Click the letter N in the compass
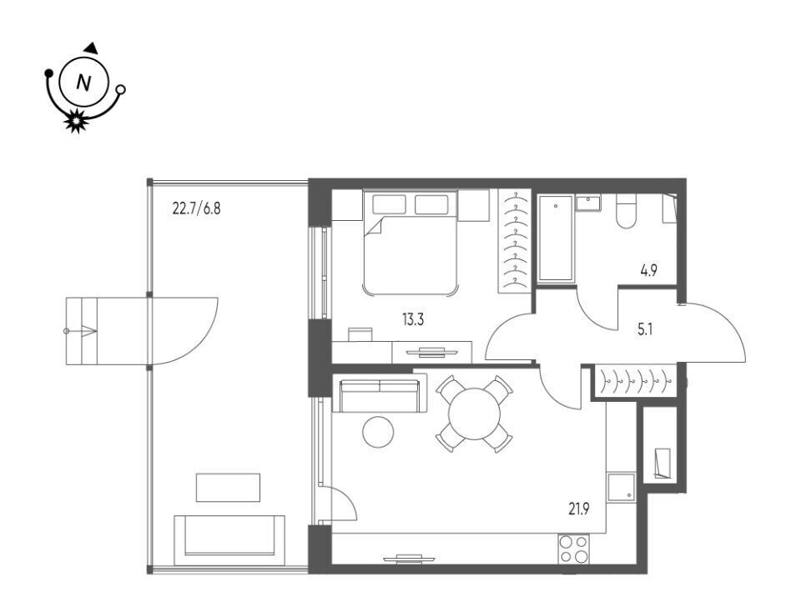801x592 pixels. pos(83,83)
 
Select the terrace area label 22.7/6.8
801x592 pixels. pos(197,208)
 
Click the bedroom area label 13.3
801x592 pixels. pos(413,320)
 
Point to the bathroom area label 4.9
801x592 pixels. pos(649,270)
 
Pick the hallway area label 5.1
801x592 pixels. pos(645,329)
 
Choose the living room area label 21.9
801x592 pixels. pos(579,509)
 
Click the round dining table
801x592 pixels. pos(474,414)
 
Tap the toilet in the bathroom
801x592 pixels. pos(625,211)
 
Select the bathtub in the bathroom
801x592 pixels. pos(556,238)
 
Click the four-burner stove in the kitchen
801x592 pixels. pos(573,549)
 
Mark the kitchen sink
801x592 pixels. pos(621,487)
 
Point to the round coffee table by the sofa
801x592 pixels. pos(378,432)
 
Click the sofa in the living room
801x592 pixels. pos(380,393)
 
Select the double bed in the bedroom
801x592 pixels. pos(410,243)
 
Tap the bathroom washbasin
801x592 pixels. pos(588,203)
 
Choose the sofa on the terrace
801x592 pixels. pos(229,540)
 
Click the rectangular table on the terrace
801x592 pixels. pos(228,488)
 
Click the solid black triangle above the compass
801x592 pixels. pos(92,48)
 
